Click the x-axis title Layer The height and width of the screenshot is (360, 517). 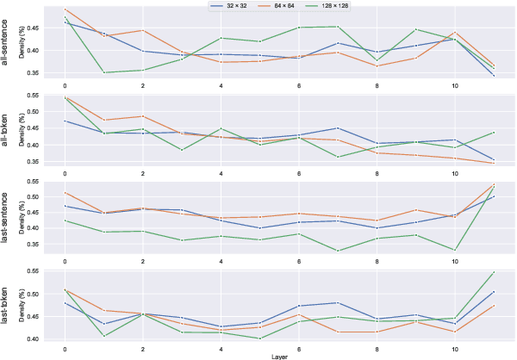click(x=280, y=355)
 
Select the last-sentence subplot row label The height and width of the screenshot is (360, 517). click(x=8, y=219)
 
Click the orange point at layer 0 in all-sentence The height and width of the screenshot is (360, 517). click(x=65, y=9)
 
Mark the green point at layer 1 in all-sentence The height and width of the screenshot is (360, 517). click(x=104, y=72)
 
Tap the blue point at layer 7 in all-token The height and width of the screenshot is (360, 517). click(x=339, y=128)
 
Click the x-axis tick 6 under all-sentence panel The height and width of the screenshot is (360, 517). click(x=299, y=86)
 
